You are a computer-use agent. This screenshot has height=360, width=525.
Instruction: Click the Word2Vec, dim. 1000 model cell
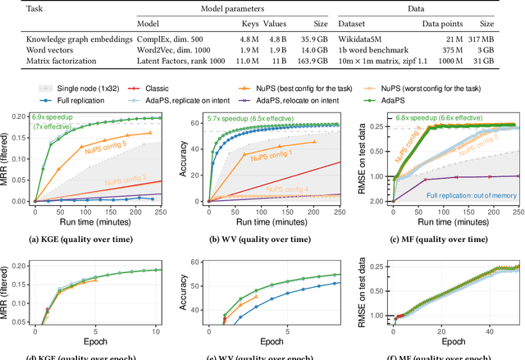(x=180, y=50)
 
